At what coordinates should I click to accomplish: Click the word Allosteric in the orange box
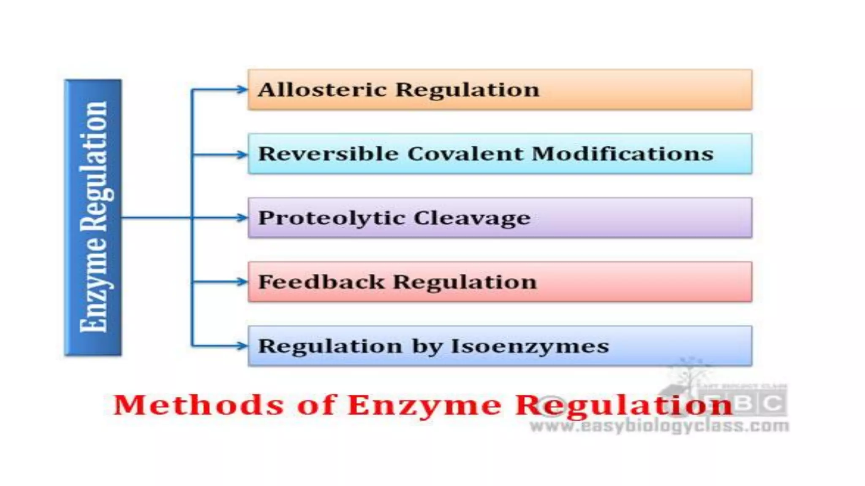[322, 89]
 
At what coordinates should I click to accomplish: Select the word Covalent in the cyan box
[465, 154]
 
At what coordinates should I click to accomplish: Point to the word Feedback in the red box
[321, 282]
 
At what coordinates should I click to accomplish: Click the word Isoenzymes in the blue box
[530, 346]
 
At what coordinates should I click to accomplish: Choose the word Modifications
[623, 154]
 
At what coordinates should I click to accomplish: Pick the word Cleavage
[472, 218]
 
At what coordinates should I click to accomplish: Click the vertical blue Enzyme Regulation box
[93, 218]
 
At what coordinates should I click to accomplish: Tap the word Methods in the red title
[199, 405]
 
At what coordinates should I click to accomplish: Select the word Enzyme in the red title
[424, 405]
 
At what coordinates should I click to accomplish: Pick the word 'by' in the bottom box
[427, 346]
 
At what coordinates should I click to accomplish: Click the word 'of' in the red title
[316, 405]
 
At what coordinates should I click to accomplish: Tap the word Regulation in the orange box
[468, 89]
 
